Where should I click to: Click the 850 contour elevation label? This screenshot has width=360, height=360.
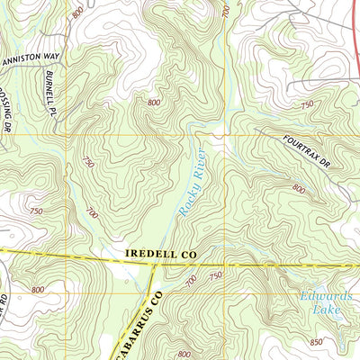[x=315, y=342]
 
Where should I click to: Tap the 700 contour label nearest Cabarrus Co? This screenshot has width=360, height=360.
[x=190, y=283]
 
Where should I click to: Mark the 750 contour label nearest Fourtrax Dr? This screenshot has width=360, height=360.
[x=307, y=105]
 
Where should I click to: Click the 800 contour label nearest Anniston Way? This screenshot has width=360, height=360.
[x=78, y=13]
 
